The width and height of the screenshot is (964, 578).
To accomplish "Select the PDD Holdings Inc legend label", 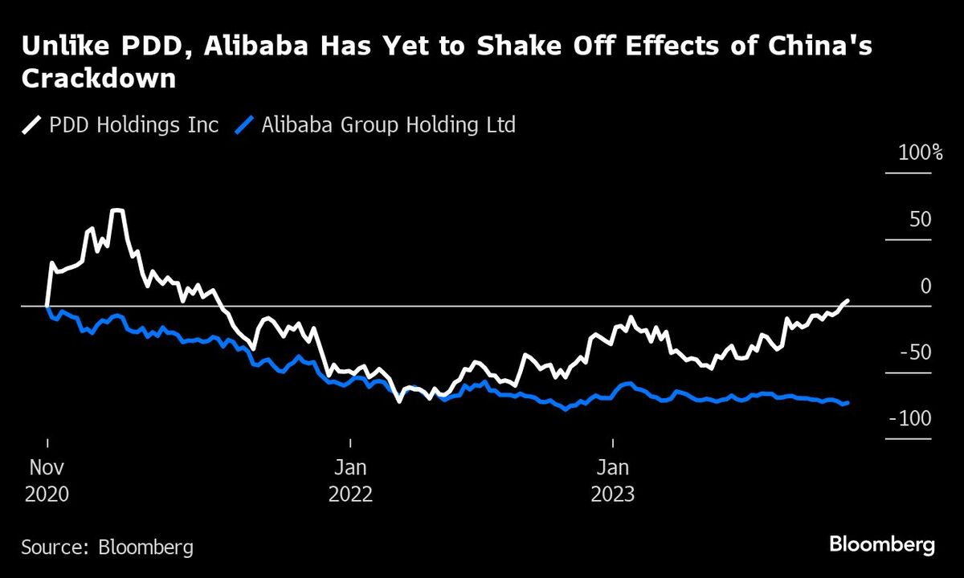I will coord(133,125).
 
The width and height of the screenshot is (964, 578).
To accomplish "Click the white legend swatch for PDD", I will coord(33,125).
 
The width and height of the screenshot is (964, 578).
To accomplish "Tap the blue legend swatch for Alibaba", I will coord(247,125).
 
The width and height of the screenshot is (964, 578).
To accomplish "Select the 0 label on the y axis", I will coord(925,287).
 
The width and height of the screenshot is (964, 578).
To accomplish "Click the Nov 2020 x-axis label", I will coord(47,480).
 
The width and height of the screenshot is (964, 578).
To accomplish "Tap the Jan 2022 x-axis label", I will coord(350,480).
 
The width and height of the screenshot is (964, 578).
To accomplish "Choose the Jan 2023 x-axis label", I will coord(612,480).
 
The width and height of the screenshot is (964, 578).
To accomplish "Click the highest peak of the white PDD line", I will coord(117,210).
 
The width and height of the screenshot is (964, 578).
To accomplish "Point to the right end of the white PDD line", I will coord(848,300).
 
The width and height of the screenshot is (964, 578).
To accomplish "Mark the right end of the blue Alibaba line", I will coord(848,403).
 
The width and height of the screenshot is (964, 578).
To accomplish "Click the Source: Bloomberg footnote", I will coord(107,547).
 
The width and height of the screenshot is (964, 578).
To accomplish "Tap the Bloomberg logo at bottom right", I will coord(881,545).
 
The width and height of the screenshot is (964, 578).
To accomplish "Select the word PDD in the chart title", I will coord(135,47).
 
